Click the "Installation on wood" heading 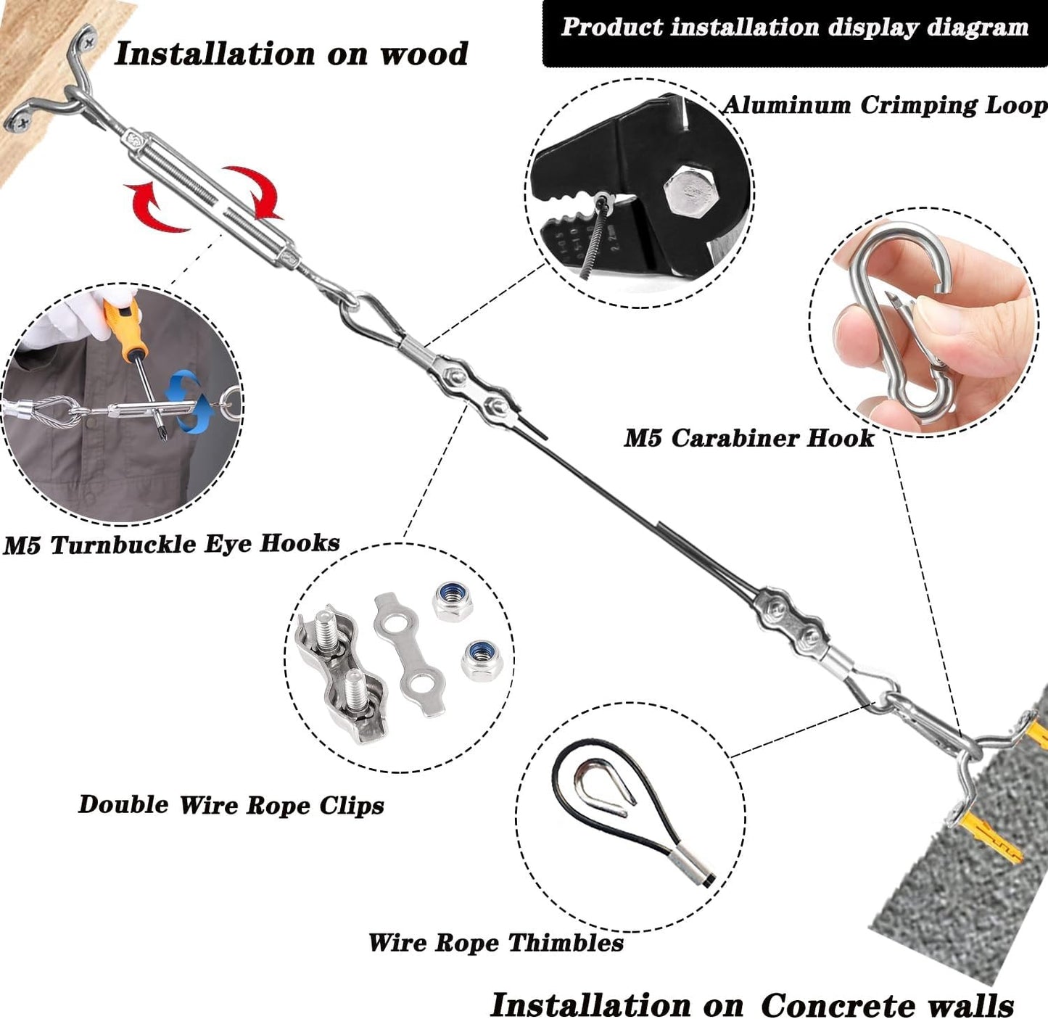click(x=291, y=54)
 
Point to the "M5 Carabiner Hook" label click(x=749, y=438)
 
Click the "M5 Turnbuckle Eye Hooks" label click(x=171, y=544)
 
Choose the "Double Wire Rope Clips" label click(x=231, y=805)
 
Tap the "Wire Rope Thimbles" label click(x=495, y=943)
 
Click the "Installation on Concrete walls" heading click(x=751, y=1005)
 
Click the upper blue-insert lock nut click(x=450, y=601)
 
